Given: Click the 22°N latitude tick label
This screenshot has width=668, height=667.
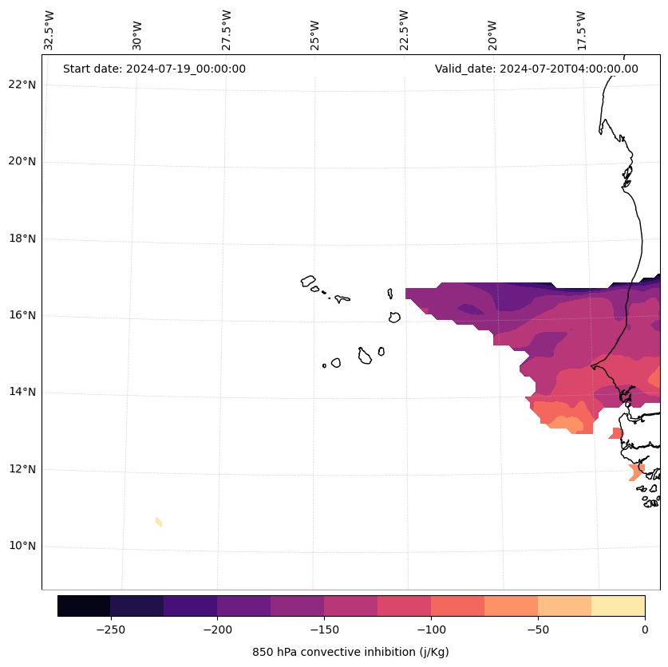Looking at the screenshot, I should click(x=21, y=85).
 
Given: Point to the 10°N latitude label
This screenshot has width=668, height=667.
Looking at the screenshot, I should click(x=21, y=547).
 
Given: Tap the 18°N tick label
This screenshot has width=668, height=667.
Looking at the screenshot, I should click(x=21, y=239).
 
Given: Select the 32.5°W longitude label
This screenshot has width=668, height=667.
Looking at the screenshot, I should click(x=49, y=30).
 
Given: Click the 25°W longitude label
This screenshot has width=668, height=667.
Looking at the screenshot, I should click(x=315, y=34).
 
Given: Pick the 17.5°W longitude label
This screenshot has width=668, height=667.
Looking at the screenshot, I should click(x=582, y=30).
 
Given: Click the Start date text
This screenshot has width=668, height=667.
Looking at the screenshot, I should click(x=154, y=69).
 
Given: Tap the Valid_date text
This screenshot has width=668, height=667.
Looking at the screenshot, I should click(x=536, y=69).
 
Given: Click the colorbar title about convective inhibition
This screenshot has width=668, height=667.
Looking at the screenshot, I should click(x=350, y=652).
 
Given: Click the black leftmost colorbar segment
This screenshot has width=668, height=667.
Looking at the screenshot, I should click(x=84, y=606).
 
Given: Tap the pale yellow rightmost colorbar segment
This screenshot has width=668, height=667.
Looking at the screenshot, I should click(x=618, y=606).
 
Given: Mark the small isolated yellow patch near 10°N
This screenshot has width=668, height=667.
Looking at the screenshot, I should click(x=159, y=522).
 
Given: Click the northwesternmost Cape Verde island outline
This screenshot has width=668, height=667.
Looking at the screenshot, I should click(x=308, y=281).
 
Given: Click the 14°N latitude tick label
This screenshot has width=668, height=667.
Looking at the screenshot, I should click(x=21, y=393).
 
